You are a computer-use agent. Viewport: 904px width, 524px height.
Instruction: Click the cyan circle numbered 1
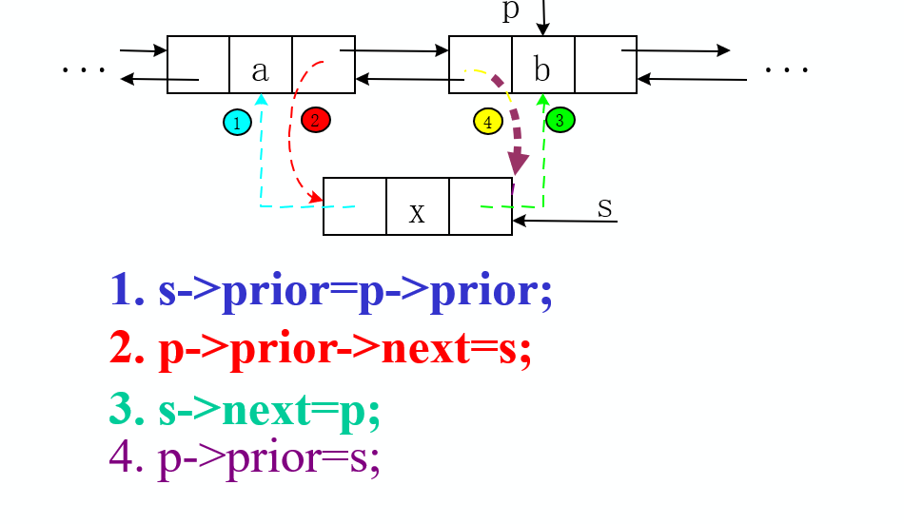237,122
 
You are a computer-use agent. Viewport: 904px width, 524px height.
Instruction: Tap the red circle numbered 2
315,120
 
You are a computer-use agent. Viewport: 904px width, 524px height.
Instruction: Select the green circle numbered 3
560,120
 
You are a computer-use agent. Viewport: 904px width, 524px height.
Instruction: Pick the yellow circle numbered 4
487,122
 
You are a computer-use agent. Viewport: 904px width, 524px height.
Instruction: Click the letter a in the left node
260,69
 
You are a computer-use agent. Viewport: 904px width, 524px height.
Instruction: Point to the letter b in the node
541,69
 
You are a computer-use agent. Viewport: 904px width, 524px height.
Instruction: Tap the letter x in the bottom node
417,211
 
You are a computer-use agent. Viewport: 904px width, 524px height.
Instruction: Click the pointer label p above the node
511,11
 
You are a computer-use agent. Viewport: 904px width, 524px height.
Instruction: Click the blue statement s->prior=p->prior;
331,290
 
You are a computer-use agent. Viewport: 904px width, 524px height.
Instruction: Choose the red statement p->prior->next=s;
321,349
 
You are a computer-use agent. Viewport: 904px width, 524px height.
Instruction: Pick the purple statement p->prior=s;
246,457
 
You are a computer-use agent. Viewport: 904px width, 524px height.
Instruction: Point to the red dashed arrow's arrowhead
315,200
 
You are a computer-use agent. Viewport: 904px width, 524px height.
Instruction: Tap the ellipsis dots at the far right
786,69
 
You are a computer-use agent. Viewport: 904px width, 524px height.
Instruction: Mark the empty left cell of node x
354,205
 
